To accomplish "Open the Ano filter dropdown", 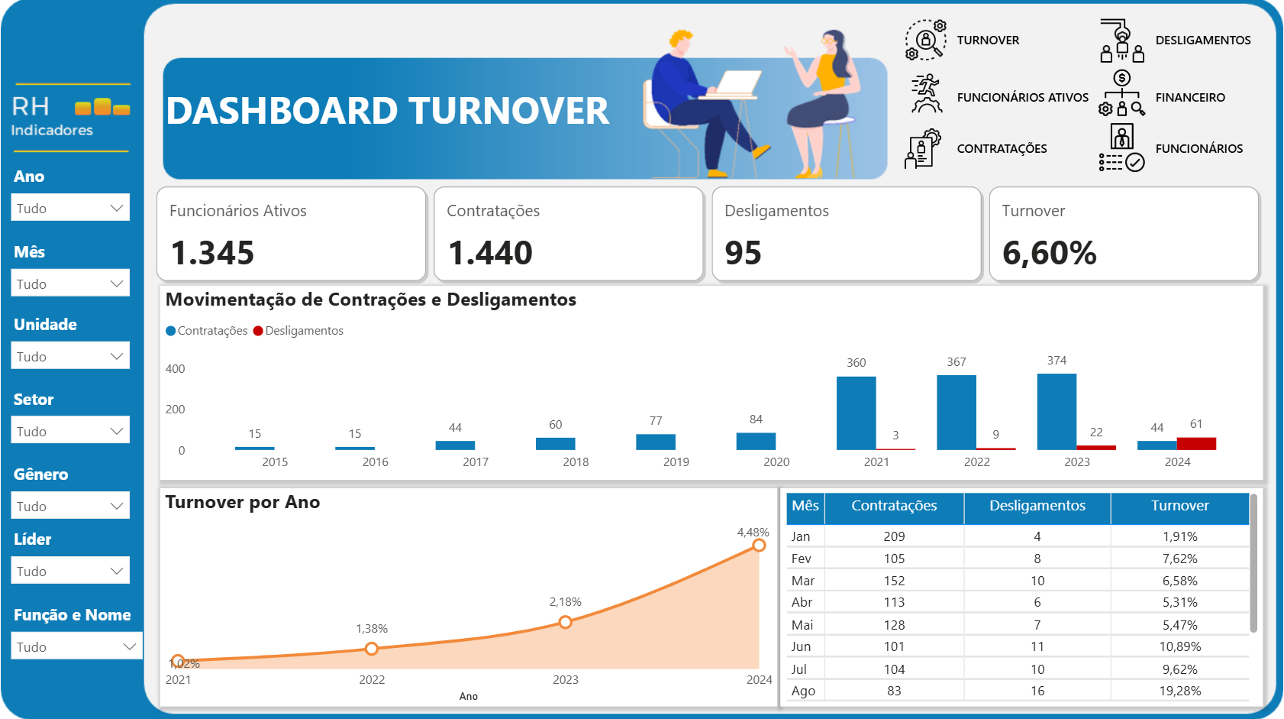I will pyautogui.click(x=70, y=208).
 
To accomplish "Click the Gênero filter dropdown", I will pyautogui.click(x=70, y=506).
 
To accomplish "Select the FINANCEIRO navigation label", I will pyautogui.click(x=1189, y=98).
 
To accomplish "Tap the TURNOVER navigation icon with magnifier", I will pyautogui.click(x=925, y=40).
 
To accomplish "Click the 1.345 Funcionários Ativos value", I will pyautogui.click(x=212, y=253).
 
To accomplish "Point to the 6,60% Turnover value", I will pyautogui.click(x=1049, y=253).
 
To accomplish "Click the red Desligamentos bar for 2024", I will pyautogui.click(x=1196, y=443).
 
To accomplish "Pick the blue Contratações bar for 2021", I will pyautogui.click(x=856, y=413).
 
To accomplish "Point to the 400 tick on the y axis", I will pyautogui.click(x=175, y=369).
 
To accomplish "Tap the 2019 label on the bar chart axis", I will pyautogui.click(x=676, y=462).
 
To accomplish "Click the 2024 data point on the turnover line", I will pyautogui.click(x=759, y=545).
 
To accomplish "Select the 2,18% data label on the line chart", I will pyautogui.click(x=565, y=602).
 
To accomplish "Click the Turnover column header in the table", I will pyautogui.click(x=1179, y=506).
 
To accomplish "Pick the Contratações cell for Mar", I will pyautogui.click(x=894, y=581).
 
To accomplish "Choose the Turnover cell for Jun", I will pyautogui.click(x=1179, y=646).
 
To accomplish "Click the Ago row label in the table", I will pyautogui.click(x=803, y=691).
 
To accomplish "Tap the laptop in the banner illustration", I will pyautogui.click(x=737, y=83).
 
